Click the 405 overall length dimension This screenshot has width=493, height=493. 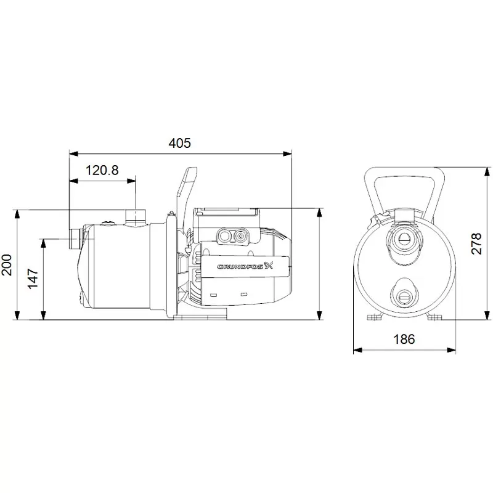point(179,144)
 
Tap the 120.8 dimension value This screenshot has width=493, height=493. point(102,171)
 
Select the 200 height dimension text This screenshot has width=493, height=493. point(7,265)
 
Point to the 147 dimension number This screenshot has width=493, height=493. point(33,279)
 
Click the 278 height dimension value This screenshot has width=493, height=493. point(476,243)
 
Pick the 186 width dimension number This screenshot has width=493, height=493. point(404,340)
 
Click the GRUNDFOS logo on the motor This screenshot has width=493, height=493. point(245,266)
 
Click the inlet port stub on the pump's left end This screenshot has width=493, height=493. point(75,239)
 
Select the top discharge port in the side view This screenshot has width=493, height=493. point(136,218)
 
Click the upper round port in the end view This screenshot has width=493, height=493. point(404,240)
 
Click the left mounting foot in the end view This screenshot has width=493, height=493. point(374,317)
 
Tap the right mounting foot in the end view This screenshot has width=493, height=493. point(435,317)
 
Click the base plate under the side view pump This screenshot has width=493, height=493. point(200,314)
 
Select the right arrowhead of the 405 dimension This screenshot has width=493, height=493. point(287,153)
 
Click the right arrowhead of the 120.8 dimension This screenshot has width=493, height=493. point(131,181)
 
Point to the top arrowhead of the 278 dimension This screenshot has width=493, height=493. point(487,172)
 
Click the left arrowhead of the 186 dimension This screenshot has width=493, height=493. point(358,350)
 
